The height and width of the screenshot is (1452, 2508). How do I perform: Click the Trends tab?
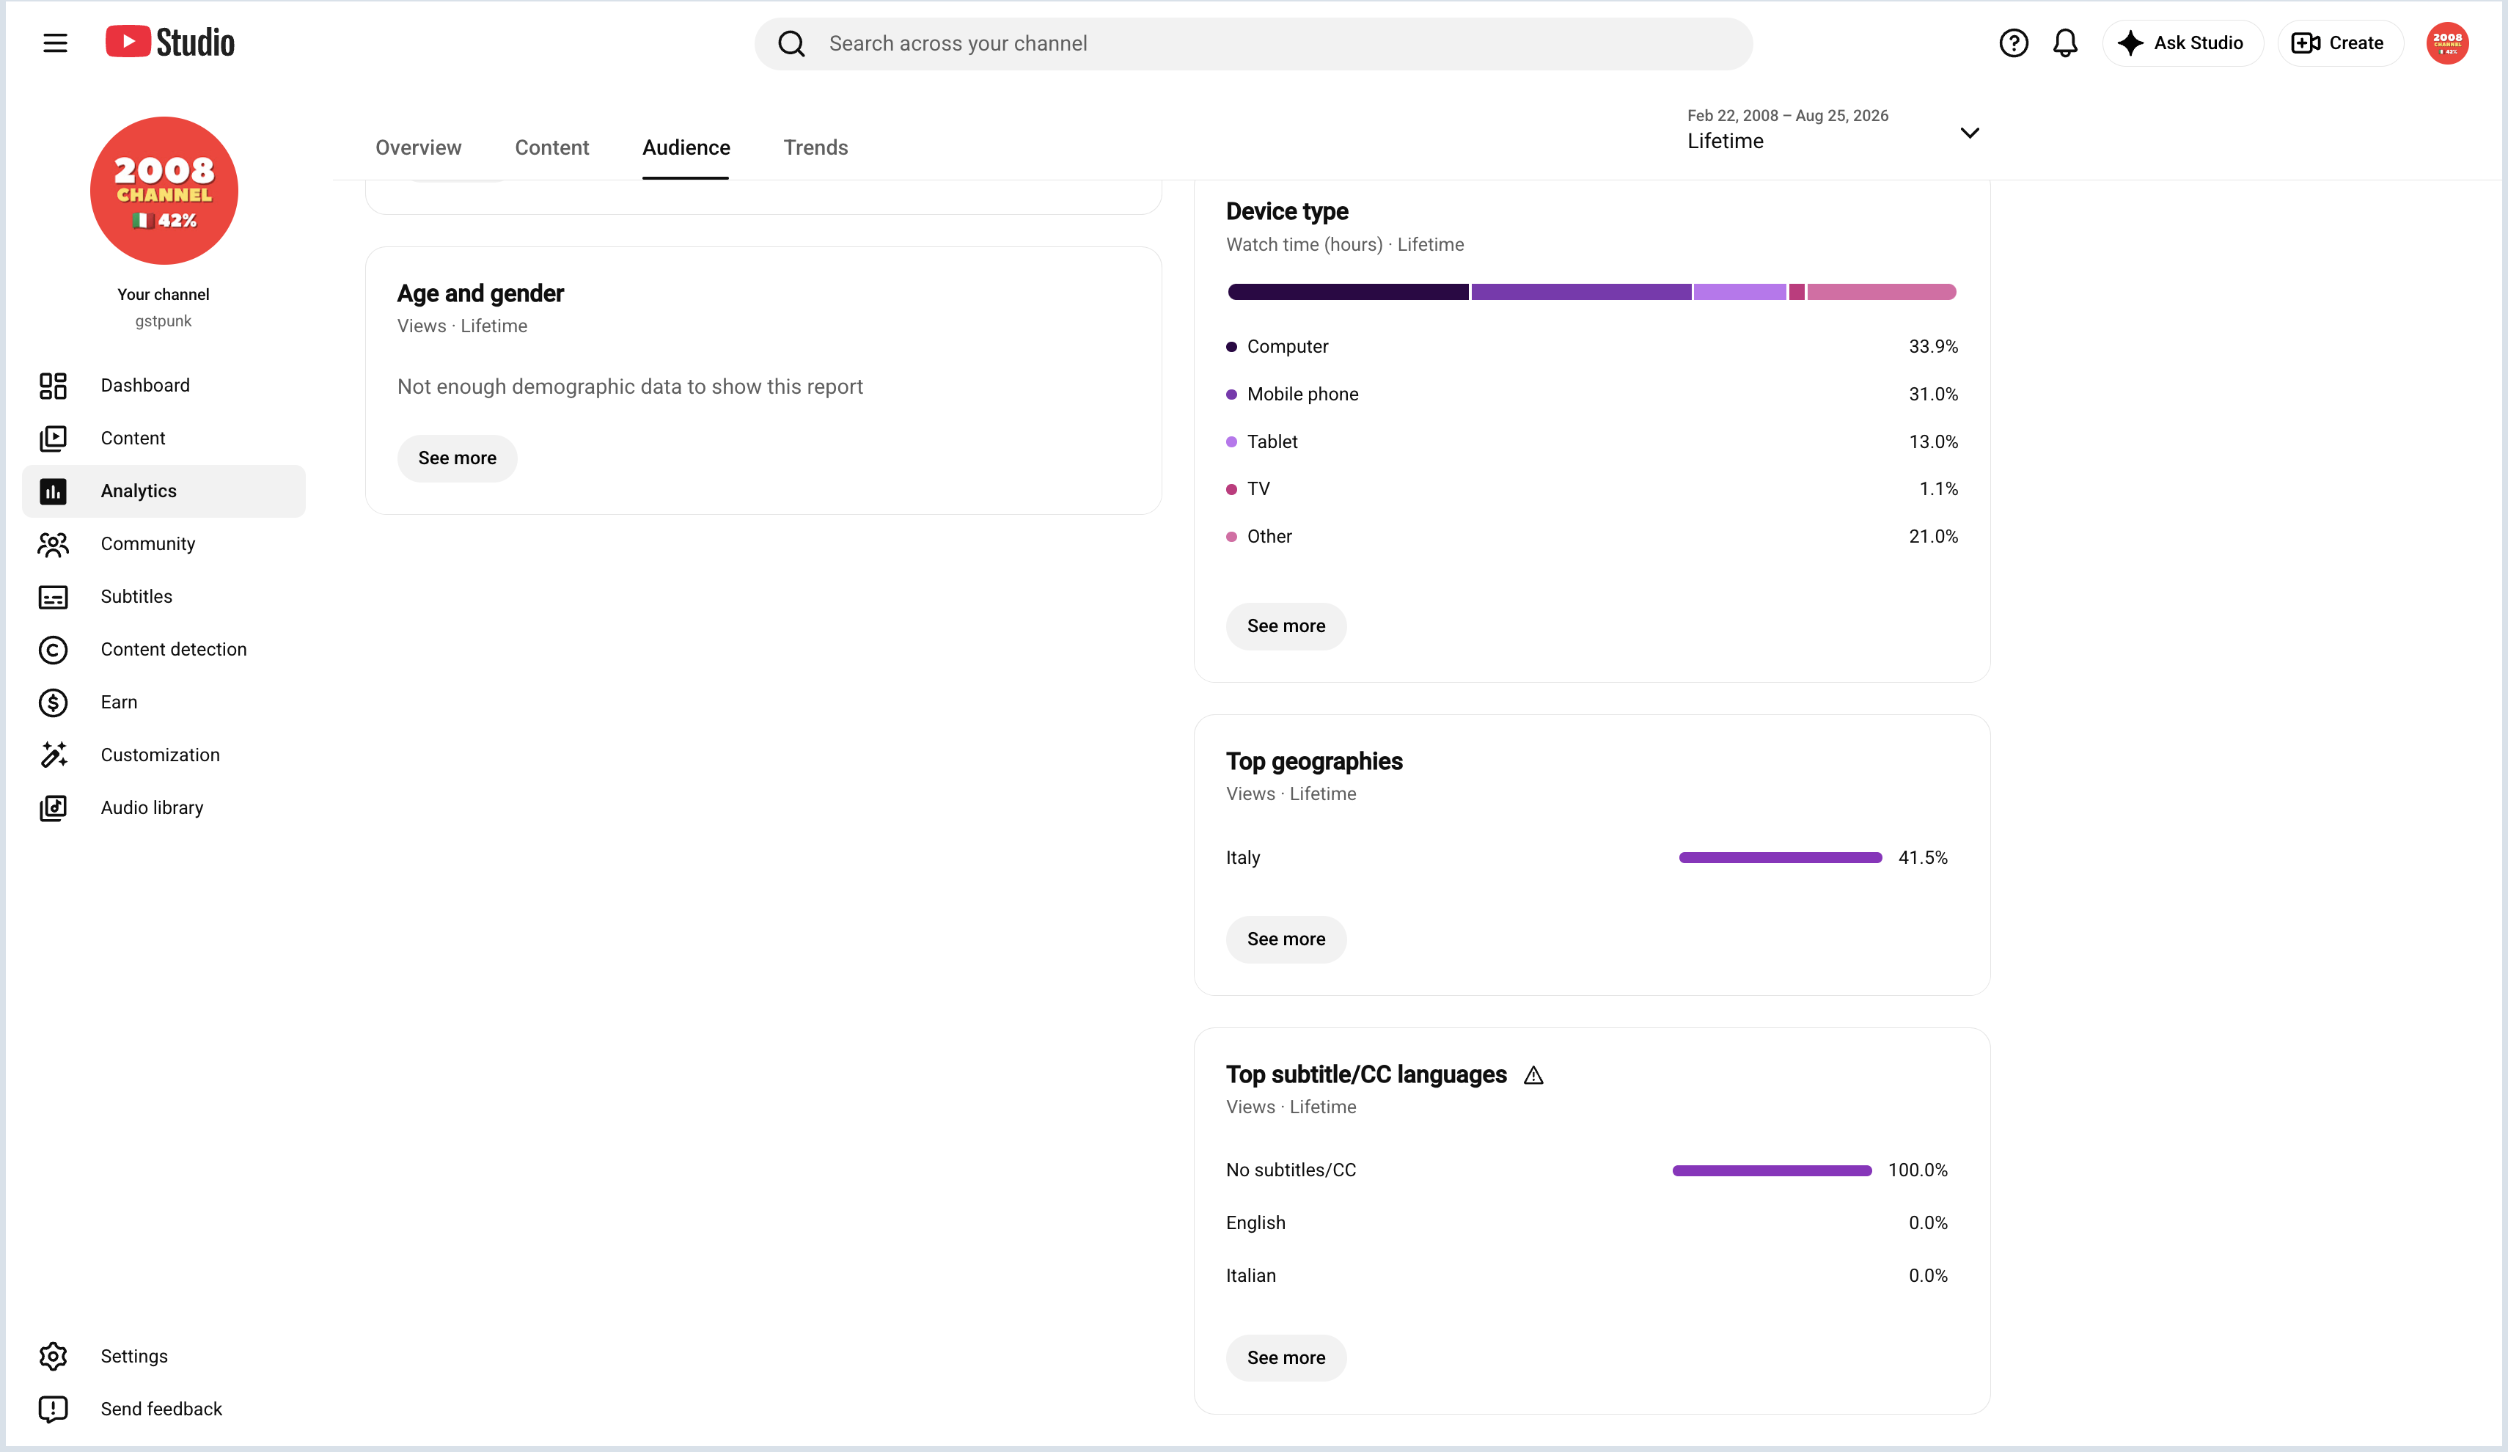click(x=815, y=147)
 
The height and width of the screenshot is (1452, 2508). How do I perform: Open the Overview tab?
click(x=418, y=147)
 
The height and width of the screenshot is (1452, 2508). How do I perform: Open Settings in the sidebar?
click(x=133, y=1355)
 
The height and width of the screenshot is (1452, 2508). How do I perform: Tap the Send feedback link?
click(x=160, y=1408)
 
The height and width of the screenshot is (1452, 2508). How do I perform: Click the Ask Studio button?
click(x=2182, y=43)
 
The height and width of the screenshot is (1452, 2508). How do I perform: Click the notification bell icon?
click(x=2065, y=43)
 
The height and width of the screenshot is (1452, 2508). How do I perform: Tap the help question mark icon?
click(x=2014, y=43)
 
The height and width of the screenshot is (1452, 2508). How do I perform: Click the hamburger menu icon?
click(x=55, y=43)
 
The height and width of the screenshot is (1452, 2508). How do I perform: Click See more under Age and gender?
click(x=457, y=458)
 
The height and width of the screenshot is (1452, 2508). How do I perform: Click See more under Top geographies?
click(x=1286, y=939)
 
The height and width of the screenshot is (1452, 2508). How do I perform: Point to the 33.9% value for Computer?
click(x=1933, y=346)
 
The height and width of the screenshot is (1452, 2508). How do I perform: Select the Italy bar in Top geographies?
click(x=1780, y=857)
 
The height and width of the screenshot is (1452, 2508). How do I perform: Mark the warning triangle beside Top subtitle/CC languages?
click(x=1533, y=1075)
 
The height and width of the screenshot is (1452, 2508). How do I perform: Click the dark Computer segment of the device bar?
click(x=1348, y=292)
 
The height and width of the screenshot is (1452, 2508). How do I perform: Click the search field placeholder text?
click(x=958, y=43)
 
